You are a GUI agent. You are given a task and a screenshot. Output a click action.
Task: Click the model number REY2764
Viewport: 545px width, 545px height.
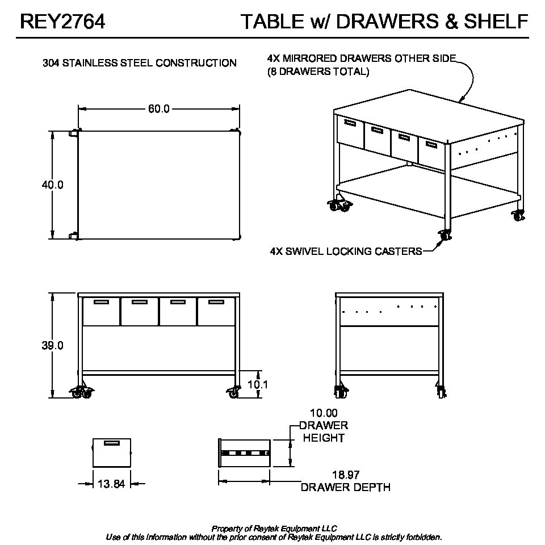(62, 22)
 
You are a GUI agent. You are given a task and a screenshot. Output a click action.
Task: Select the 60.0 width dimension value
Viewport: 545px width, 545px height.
(159, 109)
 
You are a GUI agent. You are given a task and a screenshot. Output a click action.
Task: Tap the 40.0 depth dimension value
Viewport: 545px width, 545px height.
(52, 185)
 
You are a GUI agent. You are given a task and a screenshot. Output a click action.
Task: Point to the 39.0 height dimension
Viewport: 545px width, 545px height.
(52, 345)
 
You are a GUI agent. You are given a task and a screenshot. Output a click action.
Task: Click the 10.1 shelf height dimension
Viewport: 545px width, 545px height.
(258, 384)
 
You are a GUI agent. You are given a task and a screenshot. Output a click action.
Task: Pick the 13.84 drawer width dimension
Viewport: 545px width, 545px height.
(111, 484)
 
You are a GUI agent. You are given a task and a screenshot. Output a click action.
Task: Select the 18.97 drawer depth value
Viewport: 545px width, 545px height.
(345, 475)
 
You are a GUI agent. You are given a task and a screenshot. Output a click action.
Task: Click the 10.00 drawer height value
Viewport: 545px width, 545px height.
(324, 413)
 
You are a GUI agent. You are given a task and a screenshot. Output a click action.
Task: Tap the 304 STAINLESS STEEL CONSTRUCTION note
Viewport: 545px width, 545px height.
(140, 63)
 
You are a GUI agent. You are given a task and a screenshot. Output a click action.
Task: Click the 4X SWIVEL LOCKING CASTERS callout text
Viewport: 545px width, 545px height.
(346, 251)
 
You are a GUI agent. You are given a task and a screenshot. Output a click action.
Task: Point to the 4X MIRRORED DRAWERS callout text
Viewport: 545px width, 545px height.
(362, 58)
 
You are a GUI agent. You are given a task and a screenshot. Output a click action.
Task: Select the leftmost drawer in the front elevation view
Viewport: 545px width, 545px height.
(101, 311)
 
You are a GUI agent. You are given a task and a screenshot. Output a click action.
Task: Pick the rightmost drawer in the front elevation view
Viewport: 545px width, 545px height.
(216, 311)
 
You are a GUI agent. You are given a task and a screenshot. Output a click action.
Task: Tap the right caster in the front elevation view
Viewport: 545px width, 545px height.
(233, 391)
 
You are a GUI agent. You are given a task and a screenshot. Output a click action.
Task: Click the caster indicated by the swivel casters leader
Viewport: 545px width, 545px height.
(445, 234)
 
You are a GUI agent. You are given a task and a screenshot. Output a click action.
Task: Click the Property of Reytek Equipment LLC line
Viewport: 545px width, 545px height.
(274, 529)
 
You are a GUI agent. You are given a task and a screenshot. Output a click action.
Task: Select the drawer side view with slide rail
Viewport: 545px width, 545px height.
(244, 453)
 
